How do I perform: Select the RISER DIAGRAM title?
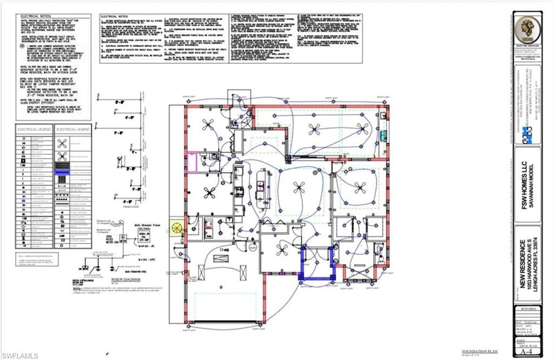click(x=124, y=280)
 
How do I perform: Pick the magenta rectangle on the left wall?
click(x=192, y=162)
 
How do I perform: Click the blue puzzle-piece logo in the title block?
click(x=527, y=135)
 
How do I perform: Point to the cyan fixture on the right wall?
click(x=384, y=135)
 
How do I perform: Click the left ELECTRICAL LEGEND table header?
click(x=34, y=130)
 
